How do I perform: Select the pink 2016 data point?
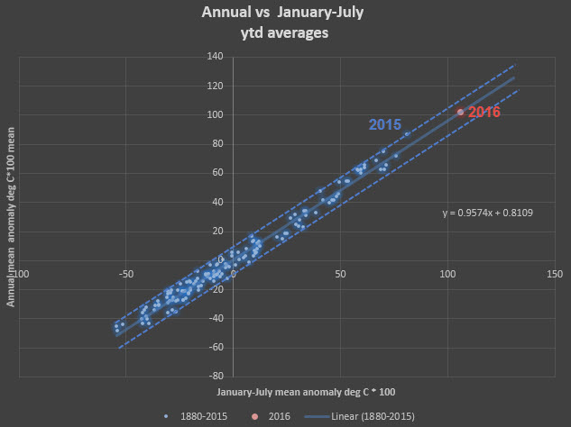(460, 112)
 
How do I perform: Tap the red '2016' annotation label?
(483, 113)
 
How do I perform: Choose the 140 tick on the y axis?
(215, 57)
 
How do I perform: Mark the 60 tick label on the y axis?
(217, 172)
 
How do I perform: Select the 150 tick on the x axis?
(553, 272)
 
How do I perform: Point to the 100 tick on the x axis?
(447, 272)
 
